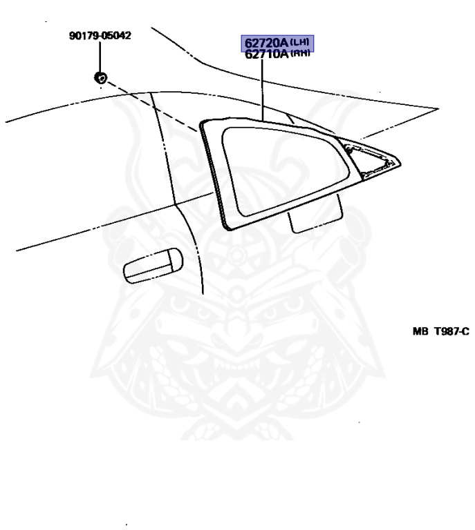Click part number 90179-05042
(x=100, y=35)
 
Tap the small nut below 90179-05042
(x=100, y=77)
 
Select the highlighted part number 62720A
(x=263, y=43)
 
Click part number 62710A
(x=263, y=54)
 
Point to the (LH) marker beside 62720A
(x=299, y=43)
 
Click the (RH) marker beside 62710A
(x=299, y=55)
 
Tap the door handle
(x=151, y=265)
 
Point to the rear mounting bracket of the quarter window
(x=373, y=158)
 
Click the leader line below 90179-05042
(x=100, y=55)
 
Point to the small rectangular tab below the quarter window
(x=315, y=215)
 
